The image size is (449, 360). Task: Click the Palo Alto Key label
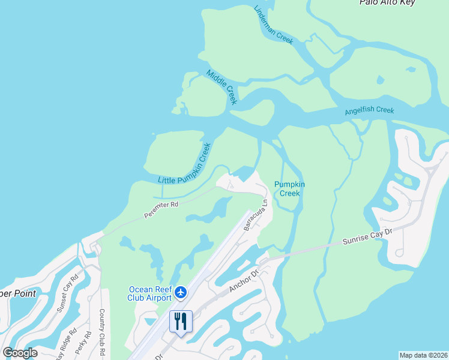click(x=396, y=3)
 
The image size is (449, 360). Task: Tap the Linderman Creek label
click(x=273, y=25)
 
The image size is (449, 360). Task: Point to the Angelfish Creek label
click(x=369, y=111)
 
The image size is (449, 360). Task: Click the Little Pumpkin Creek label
click(x=185, y=164)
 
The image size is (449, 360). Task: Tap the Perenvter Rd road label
click(x=162, y=209)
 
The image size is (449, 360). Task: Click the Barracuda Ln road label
click(x=258, y=215)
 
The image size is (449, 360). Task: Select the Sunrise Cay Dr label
click(x=367, y=235)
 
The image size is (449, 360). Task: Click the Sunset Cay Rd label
click(x=68, y=295)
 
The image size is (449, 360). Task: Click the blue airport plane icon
click(x=181, y=293)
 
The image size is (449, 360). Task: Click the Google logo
click(x=20, y=353)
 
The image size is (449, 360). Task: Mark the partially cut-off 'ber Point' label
click(x=17, y=293)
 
